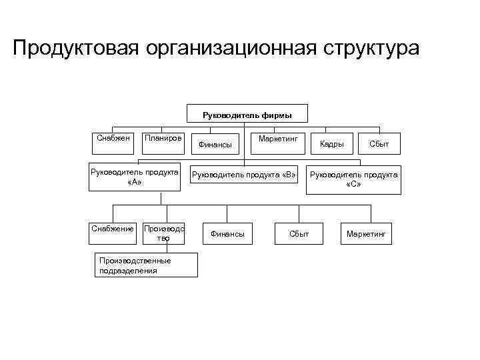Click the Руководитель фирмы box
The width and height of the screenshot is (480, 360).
247,115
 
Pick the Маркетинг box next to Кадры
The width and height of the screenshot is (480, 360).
277,143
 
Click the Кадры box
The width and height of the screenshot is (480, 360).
332,143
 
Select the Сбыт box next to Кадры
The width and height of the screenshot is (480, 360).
379,143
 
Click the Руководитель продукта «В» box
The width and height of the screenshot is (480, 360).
243,175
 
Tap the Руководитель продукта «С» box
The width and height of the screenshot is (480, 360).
353,179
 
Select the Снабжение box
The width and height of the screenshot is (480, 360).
113,229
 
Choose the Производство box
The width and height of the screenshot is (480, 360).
163,233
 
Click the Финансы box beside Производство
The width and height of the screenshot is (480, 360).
227,234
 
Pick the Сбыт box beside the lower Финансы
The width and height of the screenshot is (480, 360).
299,234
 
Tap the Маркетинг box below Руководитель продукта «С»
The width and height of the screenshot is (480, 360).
366,234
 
